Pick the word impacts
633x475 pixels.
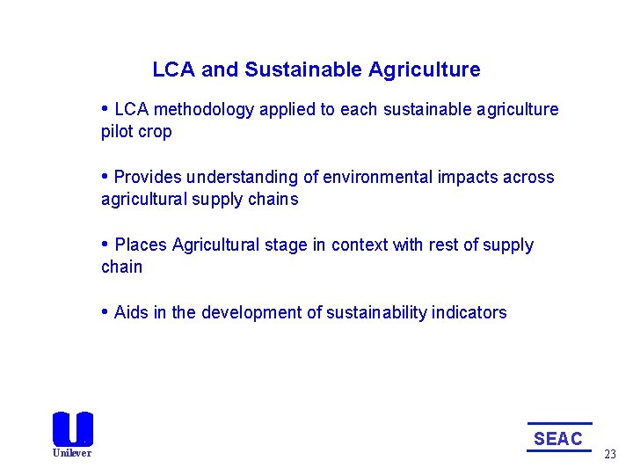(x=466, y=178)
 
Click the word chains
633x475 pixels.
(x=273, y=200)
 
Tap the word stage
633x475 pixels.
(x=287, y=245)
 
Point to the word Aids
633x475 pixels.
(x=131, y=312)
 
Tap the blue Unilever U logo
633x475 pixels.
(x=72, y=428)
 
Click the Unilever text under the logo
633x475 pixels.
(x=72, y=453)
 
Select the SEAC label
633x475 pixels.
(x=558, y=438)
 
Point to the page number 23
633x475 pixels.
(x=610, y=454)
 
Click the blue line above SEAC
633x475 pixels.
(x=559, y=424)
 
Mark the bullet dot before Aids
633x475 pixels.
(x=105, y=311)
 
